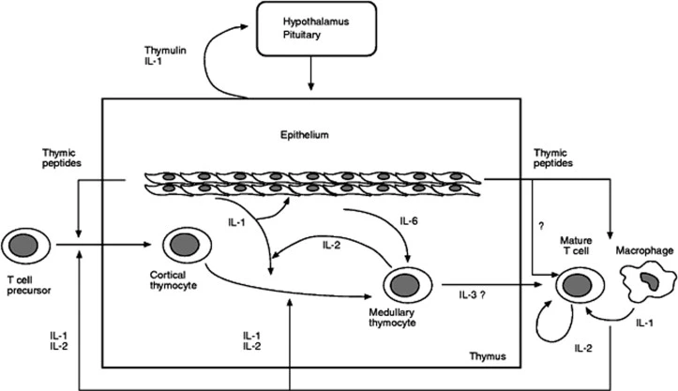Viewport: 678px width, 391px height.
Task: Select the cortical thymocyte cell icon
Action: (x=181, y=248)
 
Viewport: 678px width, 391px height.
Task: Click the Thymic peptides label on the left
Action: (x=65, y=157)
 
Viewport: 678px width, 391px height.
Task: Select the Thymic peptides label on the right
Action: (x=553, y=157)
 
